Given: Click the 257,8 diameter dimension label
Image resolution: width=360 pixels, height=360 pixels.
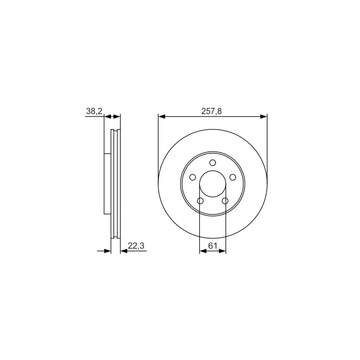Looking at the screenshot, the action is (211, 111).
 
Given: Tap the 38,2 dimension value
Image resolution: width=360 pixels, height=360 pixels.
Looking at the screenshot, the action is (94, 111).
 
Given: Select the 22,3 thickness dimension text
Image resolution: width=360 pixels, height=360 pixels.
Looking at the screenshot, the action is (136, 246).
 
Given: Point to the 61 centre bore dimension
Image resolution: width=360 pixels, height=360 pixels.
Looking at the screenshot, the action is (212, 246).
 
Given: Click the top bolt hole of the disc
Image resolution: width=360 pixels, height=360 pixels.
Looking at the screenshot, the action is (212, 163).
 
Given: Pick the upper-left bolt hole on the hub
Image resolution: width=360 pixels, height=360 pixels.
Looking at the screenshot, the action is (193, 177).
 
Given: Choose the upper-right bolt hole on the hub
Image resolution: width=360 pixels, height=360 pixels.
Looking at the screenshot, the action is (233, 177).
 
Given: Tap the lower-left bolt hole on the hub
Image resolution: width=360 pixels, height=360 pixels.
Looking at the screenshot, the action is (200, 201).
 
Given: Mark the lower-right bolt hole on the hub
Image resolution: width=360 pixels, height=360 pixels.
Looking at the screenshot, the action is (225, 201).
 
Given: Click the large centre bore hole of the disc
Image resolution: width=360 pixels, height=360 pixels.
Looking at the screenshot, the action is (212, 184).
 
